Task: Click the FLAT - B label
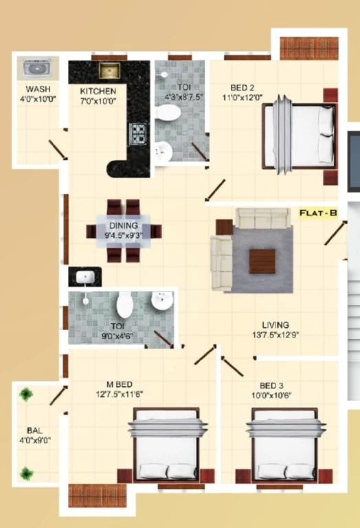click(x=318, y=213)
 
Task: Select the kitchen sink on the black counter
click(x=109, y=70)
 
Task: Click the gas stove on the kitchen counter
click(x=138, y=134)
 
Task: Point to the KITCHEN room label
click(x=98, y=91)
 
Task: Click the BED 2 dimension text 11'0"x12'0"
click(x=243, y=98)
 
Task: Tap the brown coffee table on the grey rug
click(x=262, y=261)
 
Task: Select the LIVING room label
click(x=275, y=325)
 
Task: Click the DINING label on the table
click(x=124, y=225)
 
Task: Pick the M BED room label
click(x=119, y=384)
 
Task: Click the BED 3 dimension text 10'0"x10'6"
click(x=271, y=395)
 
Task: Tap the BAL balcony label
click(x=34, y=430)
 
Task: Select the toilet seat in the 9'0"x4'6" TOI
click(x=125, y=304)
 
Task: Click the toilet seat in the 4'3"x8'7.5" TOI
click(x=168, y=112)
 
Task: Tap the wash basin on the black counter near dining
click(x=84, y=278)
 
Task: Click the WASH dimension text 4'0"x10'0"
click(x=38, y=99)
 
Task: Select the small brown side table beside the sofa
click(x=224, y=228)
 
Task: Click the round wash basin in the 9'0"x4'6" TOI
click(x=162, y=300)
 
